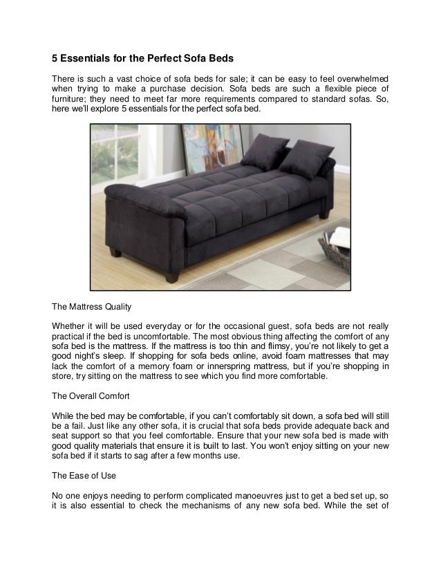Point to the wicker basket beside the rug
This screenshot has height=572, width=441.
pos(337,249)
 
